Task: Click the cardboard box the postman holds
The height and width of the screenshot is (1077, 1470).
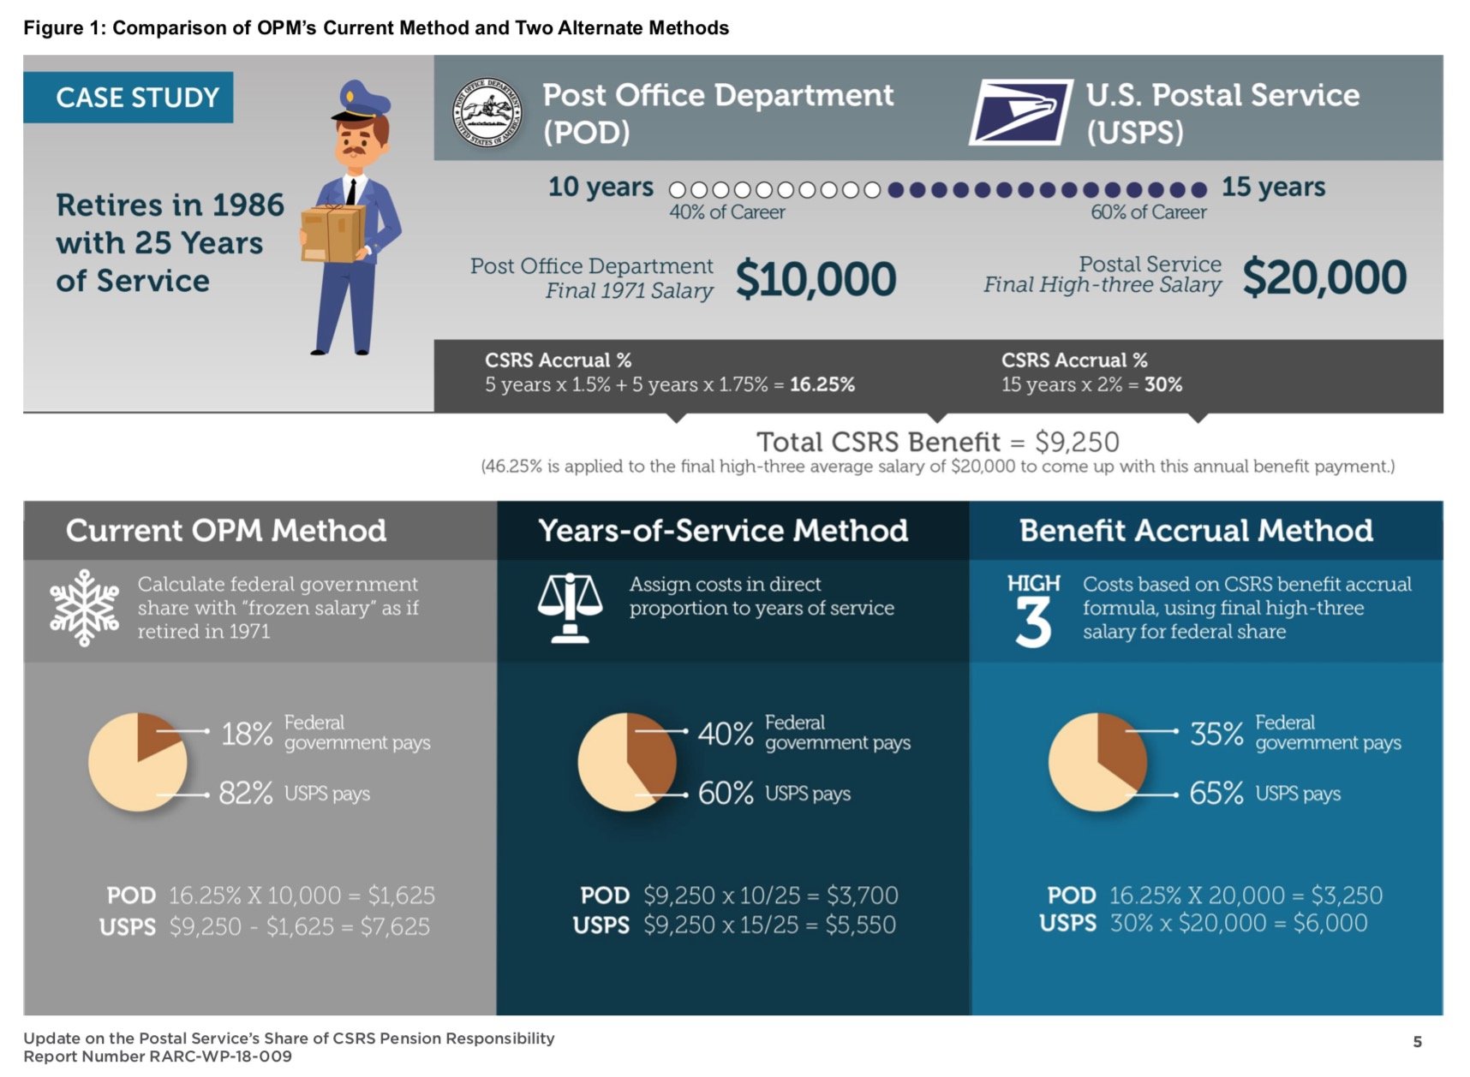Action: coord(332,233)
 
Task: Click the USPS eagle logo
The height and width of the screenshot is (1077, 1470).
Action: coord(1020,111)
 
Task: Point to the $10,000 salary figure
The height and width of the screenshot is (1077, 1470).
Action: coord(816,279)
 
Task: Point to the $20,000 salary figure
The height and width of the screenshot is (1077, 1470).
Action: coord(1324,277)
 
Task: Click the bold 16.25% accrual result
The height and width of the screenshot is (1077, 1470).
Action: coord(822,384)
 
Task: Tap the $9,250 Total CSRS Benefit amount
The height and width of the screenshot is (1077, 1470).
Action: coord(1077,442)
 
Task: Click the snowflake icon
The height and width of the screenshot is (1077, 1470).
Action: coord(84,607)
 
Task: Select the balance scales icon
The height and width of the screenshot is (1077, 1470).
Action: coord(570,607)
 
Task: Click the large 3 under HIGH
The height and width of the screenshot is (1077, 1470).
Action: coord(1033,622)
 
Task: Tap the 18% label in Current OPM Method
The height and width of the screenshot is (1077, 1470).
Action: coord(247,734)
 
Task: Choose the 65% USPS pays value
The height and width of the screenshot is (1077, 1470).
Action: coord(1216,794)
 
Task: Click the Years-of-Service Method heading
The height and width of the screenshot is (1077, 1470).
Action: coord(723,531)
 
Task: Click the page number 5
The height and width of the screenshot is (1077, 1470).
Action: coord(1417,1042)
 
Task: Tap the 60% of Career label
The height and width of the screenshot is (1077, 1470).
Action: coord(1148,212)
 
